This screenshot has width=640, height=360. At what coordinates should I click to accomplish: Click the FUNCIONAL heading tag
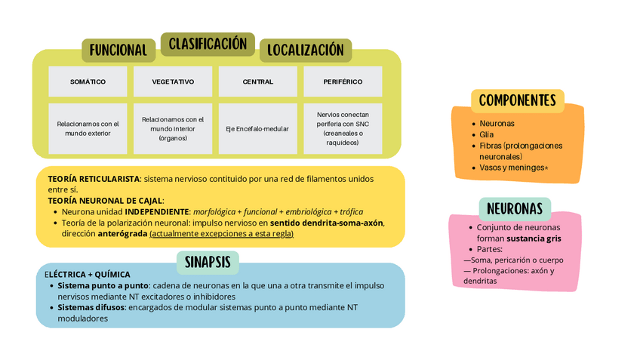[x=118, y=51]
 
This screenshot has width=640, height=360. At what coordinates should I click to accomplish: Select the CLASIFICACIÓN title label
[x=208, y=45]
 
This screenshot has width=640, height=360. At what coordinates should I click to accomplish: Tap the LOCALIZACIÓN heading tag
[x=306, y=51]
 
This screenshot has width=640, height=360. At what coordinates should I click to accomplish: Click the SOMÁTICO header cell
[x=88, y=82]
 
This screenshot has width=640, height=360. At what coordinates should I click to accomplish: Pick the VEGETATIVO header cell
[x=173, y=82]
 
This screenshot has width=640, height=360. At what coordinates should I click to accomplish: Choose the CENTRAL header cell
[x=257, y=82]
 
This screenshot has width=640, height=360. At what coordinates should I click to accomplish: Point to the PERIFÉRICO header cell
[x=343, y=82]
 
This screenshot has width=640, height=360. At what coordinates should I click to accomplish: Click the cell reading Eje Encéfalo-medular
[x=257, y=129]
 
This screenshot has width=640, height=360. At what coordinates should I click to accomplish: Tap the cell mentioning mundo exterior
[x=88, y=128]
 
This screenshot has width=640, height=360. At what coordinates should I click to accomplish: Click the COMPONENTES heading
[x=517, y=100]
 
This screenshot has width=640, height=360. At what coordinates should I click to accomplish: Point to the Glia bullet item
[x=487, y=134]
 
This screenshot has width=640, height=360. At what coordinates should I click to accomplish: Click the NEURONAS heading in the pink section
[x=515, y=208]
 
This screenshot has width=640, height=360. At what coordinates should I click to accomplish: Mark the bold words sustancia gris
[x=534, y=238]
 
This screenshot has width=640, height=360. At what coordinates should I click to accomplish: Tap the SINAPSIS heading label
[x=208, y=263]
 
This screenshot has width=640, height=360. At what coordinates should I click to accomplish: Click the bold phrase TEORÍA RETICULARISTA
[x=94, y=179]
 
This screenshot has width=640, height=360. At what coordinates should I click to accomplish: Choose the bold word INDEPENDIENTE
[x=157, y=212]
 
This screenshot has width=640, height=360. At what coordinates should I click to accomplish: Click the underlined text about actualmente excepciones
[x=221, y=234]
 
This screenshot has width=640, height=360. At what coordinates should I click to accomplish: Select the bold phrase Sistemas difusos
[x=91, y=307]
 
